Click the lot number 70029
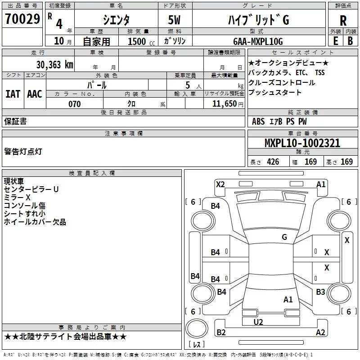click(22, 19)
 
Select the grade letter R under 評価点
click(343, 20)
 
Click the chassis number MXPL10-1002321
click(302, 144)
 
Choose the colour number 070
click(74, 104)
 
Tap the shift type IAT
click(13, 94)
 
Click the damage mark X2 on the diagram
click(220, 184)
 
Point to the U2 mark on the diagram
click(258, 322)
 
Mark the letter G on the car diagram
click(284, 237)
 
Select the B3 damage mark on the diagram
click(320, 292)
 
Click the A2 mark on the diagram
click(320, 333)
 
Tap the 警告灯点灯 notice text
click(23, 152)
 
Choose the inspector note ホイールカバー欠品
click(35, 222)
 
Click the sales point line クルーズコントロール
click(282, 83)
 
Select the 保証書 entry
click(15, 121)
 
